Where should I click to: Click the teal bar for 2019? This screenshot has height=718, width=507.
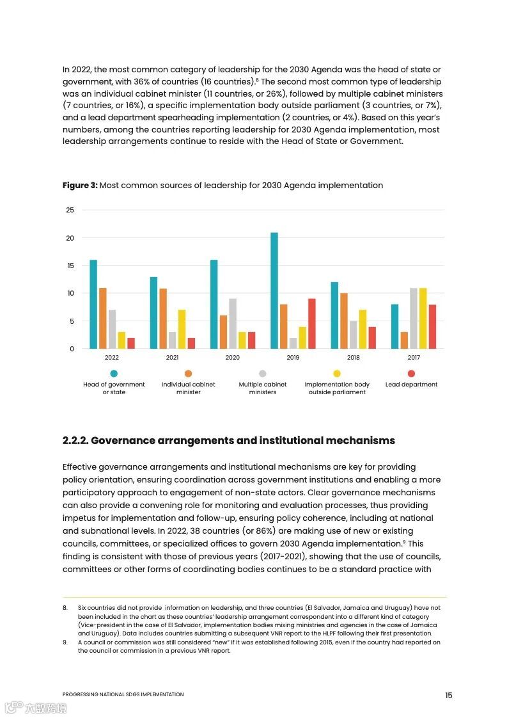274,291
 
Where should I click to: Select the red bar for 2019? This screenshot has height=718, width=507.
312,324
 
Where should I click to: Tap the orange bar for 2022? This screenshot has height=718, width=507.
103,318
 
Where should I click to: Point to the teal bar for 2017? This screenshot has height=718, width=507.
394,326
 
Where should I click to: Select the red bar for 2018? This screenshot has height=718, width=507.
372,338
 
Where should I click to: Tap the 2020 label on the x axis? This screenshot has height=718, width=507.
233,358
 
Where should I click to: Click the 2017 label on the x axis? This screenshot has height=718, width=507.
414,358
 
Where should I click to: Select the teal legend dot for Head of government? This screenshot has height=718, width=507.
114,374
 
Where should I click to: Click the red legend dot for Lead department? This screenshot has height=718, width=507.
411,374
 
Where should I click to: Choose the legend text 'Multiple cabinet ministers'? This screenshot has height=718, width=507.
263,388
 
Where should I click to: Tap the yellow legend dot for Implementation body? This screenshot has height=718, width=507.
337,374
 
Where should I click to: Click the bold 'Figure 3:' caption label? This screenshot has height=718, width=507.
80,186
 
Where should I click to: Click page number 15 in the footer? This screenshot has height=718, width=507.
448,695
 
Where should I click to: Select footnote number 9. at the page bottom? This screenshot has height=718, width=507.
65,642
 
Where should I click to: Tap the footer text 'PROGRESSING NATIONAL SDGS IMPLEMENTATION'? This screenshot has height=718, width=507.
123,694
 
